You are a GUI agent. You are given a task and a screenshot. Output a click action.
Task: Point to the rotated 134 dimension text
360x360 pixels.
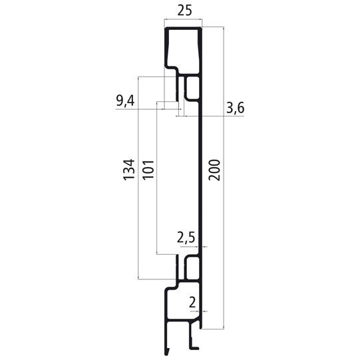click(x=129, y=170)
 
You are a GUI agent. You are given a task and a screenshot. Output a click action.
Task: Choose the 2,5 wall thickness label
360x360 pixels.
click(x=186, y=237)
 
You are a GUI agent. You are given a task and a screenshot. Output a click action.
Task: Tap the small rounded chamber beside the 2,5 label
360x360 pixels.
click(x=192, y=268)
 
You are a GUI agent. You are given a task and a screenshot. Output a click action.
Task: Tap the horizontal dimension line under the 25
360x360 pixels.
click(x=183, y=27)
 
